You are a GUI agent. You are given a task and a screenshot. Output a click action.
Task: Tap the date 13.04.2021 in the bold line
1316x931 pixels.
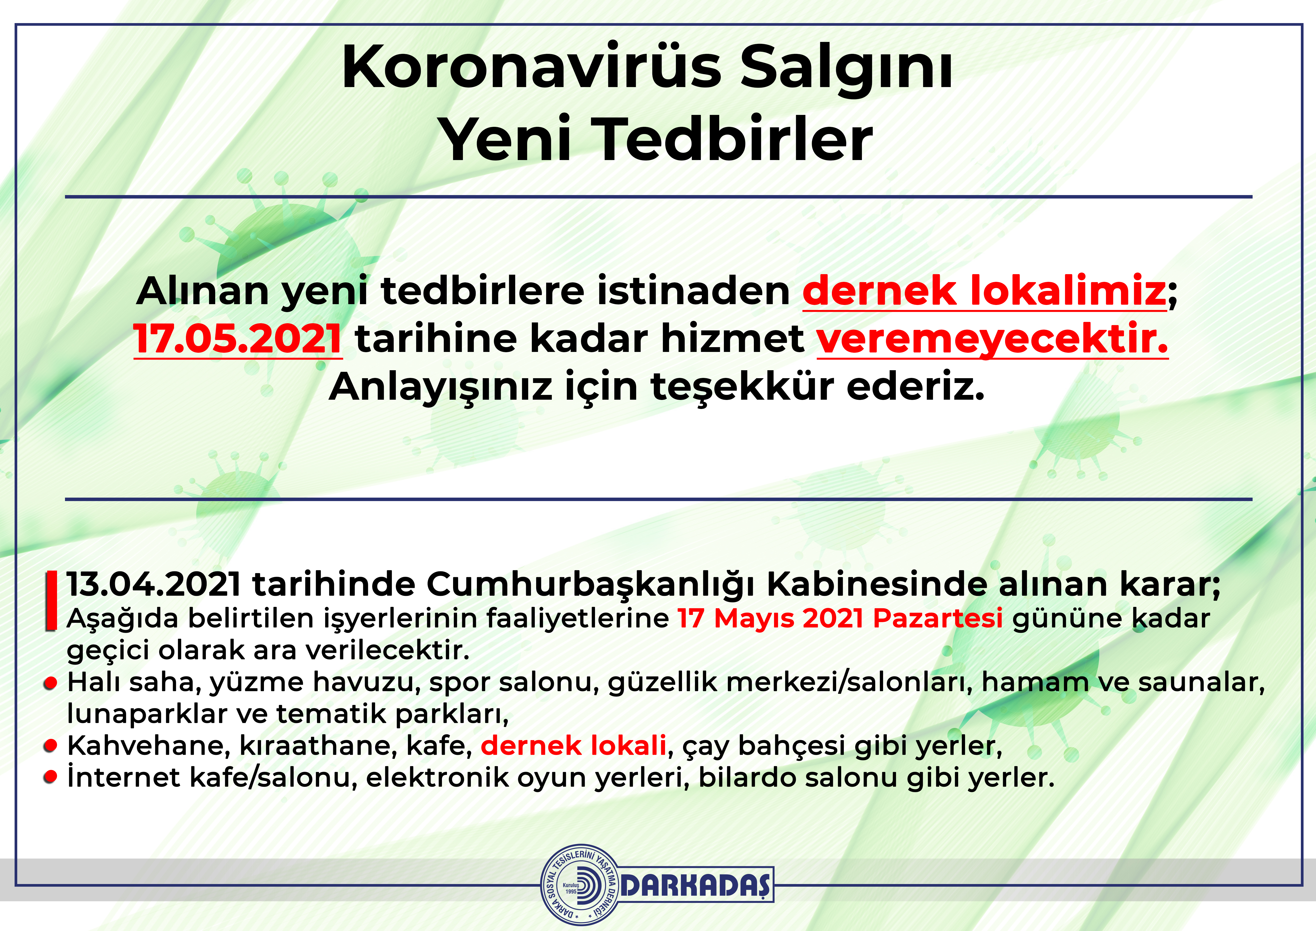154,584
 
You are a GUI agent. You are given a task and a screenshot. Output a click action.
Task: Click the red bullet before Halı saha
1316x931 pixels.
51,683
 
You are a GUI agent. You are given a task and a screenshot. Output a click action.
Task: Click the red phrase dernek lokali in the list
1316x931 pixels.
573,745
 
